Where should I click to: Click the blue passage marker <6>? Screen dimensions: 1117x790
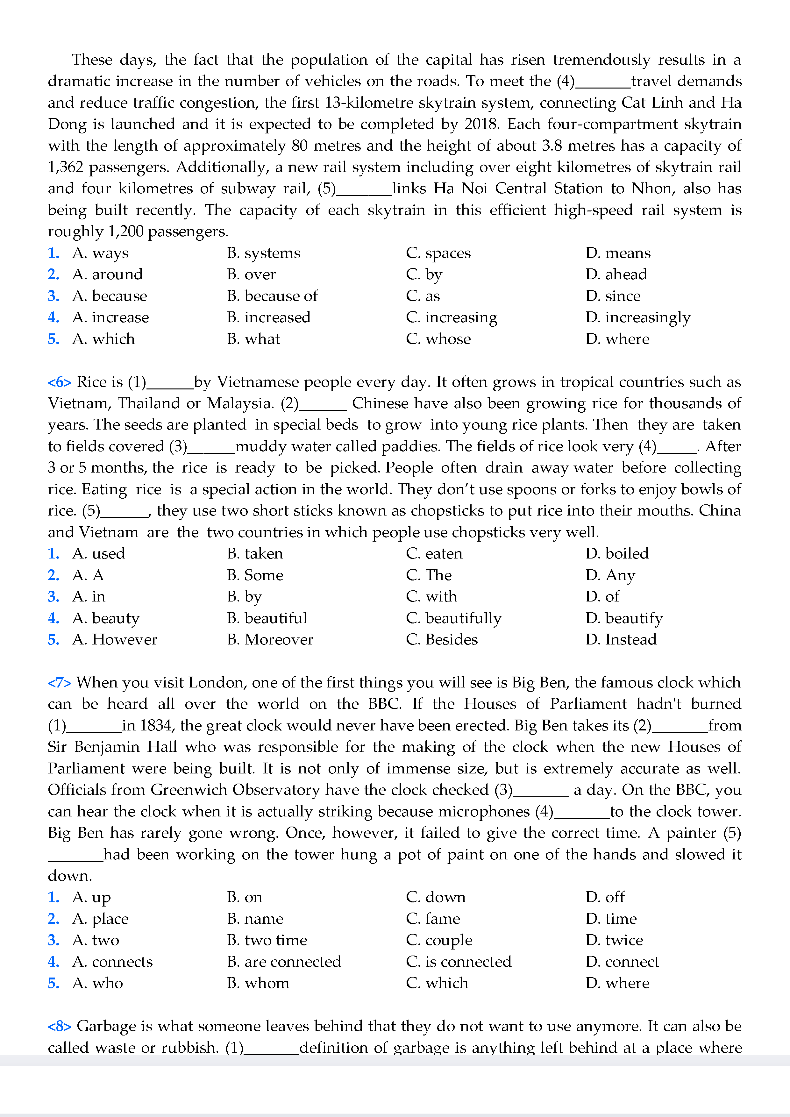[x=59, y=382]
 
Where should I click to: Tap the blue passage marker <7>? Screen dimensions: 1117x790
[x=59, y=683]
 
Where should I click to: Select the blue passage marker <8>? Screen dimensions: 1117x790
[x=59, y=1027]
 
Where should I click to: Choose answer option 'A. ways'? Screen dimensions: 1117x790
[x=101, y=253]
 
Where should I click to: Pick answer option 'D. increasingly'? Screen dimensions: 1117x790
[x=638, y=318]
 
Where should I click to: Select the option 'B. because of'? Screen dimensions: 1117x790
[x=272, y=296]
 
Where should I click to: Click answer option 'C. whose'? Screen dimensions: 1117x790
[x=438, y=339]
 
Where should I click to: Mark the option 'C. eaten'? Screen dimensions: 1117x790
[x=434, y=554]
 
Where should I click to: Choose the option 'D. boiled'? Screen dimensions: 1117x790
[x=617, y=554]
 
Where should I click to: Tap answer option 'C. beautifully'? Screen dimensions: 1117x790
[x=453, y=618]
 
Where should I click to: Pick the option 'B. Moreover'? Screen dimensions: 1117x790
[x=270, y=640]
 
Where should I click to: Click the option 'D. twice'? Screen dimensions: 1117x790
[x=614, y=940]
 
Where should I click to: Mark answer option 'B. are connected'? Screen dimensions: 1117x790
[x=284, y=962]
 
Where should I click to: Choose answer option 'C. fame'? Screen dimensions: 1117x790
[x=433, y=919]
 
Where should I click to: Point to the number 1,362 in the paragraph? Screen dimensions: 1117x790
[x=66, y=167]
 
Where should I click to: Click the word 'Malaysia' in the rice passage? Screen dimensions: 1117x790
[x=240, y=404]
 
